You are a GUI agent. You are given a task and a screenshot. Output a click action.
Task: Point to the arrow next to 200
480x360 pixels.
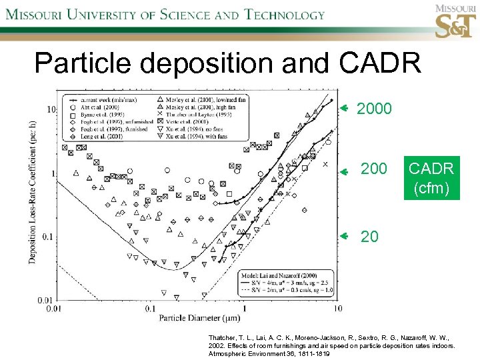pyautogui.click(x=344, y=171)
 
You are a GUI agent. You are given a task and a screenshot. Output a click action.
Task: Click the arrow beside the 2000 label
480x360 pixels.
pyautogui.click(x=344, y=107)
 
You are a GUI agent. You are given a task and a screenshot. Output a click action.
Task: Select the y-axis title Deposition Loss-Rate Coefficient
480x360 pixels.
pyautogui.click(x=33, y=191)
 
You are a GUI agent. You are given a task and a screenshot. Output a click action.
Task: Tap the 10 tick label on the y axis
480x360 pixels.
pyautogui.click(x=50, y=109)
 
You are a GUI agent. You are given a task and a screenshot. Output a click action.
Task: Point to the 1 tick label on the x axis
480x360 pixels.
pyautogui.click(x=244, y=308)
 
